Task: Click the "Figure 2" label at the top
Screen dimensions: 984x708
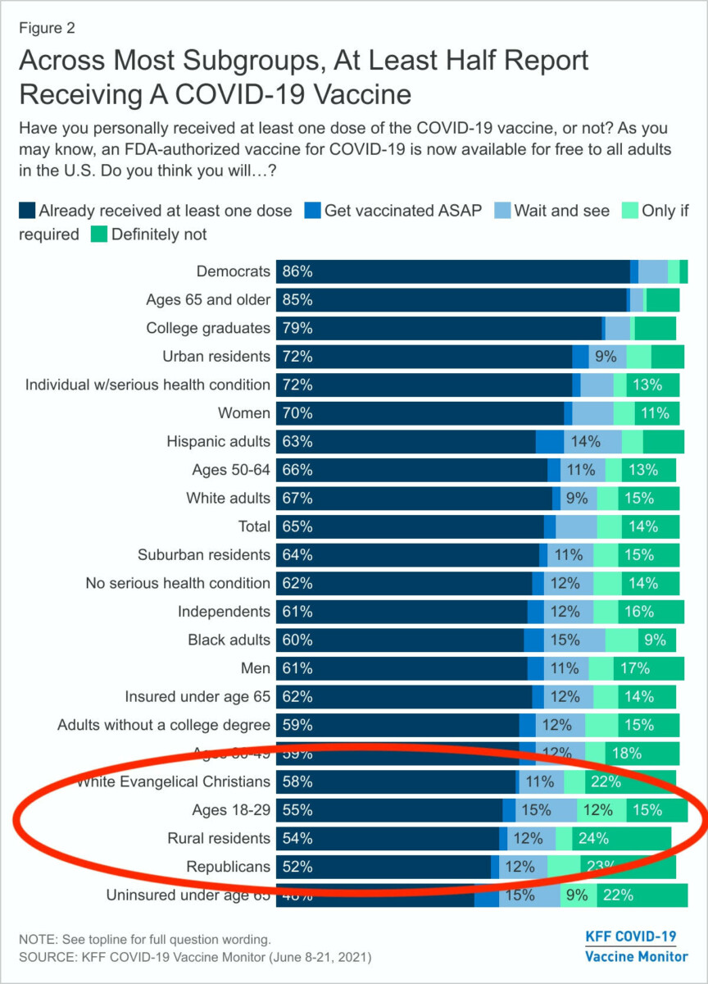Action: point(48,28)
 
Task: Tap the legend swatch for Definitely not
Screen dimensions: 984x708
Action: point(98,235)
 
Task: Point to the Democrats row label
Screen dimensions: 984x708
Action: point(233,271)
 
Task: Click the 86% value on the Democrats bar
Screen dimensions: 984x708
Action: point(297,271)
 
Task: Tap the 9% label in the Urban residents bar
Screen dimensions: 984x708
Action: point(606,357)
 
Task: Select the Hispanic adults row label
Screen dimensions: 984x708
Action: point(218,442)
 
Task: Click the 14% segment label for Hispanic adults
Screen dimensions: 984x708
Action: point(586,442)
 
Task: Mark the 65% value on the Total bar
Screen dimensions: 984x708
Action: point(297,526)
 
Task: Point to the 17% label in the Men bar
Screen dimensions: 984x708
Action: point(636,668)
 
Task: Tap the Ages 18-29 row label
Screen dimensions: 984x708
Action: point(230,810)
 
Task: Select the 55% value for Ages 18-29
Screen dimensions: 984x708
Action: point(297,810)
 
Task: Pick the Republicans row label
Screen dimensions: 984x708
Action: point(228,867)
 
